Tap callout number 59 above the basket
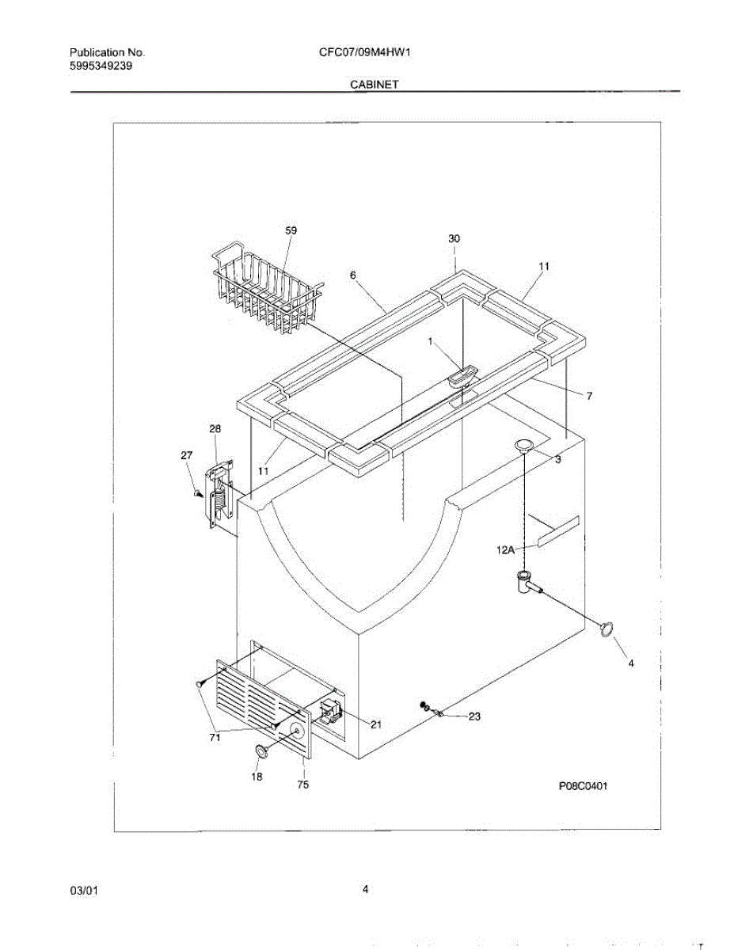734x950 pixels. click(291, 230)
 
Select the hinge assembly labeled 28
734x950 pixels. click(219, 496)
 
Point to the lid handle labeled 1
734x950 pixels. click(462, 375)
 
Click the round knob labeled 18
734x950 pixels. click(261, 750)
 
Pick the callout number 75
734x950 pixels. click(303, 785)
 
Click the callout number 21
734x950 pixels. click(375, 724)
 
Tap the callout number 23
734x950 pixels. click(474, 716)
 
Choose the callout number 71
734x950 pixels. click(215, 738)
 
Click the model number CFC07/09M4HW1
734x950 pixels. click(367, 53)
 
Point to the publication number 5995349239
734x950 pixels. click(101, 66)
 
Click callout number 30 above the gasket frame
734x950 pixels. click(454, 238)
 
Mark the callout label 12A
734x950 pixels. click(507, 549)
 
